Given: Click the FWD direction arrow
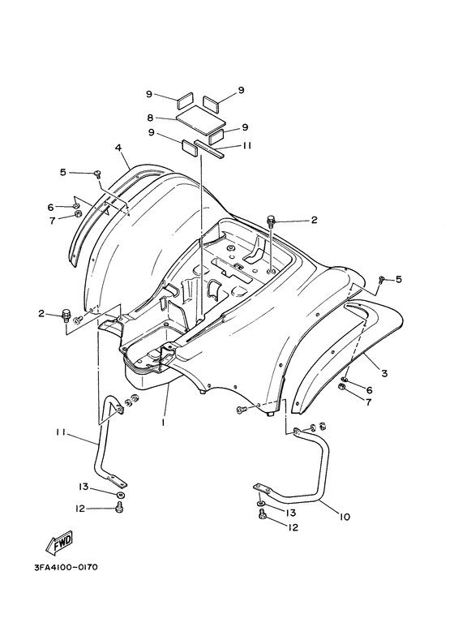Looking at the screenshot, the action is click(x=59, y=543).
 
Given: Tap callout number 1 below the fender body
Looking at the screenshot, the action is click(x=164, y=423).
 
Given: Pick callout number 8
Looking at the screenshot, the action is click(x=150, y=118).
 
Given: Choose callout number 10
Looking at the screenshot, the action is click(x=345, y=517).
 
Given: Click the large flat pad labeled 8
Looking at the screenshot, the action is click(x=199, y=117).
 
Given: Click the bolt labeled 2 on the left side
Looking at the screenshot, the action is click(x=66, y=315).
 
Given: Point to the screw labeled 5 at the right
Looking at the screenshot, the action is click(x=381, y=279).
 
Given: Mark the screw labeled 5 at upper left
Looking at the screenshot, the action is click(x=97, y=173).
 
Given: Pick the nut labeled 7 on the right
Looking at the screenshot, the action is click(x=342, y=386).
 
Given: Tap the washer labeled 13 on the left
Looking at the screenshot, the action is click(x=120, y=495).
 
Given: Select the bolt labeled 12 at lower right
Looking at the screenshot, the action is click(x=263, y=514).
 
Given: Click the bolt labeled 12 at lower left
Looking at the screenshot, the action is click(x=119, y=508).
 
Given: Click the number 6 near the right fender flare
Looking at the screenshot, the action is click(x=369, y=389).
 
